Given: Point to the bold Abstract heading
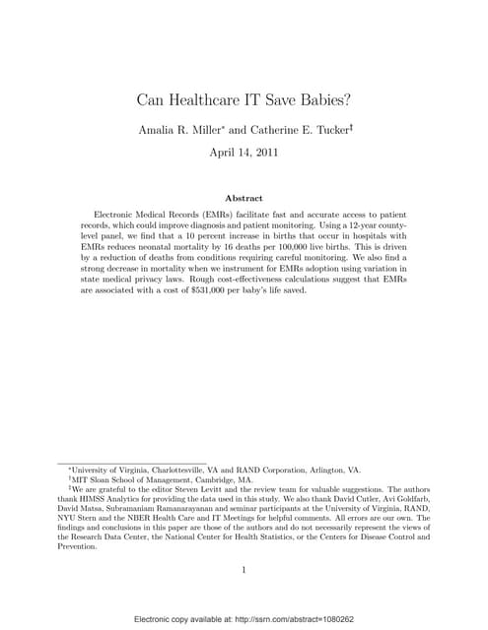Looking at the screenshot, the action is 244,198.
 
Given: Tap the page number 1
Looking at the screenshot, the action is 244,569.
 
